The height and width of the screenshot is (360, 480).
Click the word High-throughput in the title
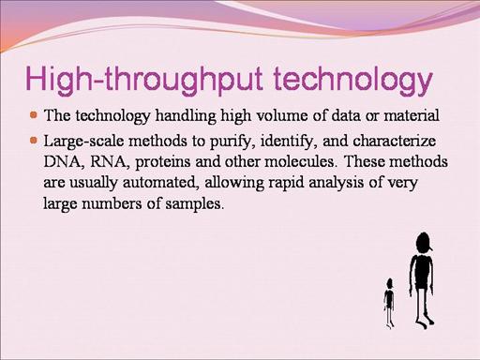[x=143, y=80]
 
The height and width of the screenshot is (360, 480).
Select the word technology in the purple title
[x=352, y=80]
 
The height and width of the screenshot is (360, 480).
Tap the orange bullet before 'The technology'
[x=34, y=114]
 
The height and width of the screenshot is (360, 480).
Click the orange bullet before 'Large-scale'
[x=34, y=140]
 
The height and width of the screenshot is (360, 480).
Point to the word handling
[x=186, y=115]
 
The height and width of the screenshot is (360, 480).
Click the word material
[x=412, y=115]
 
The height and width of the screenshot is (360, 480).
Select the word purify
[x=231, y=142]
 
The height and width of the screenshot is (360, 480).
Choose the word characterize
[x=395, y=141]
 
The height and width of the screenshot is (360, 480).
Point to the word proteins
[x=163, y=162]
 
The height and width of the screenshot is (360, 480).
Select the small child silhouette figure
[x=389, y=303]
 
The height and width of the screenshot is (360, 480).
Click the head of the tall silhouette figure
[x=423, y=244]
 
